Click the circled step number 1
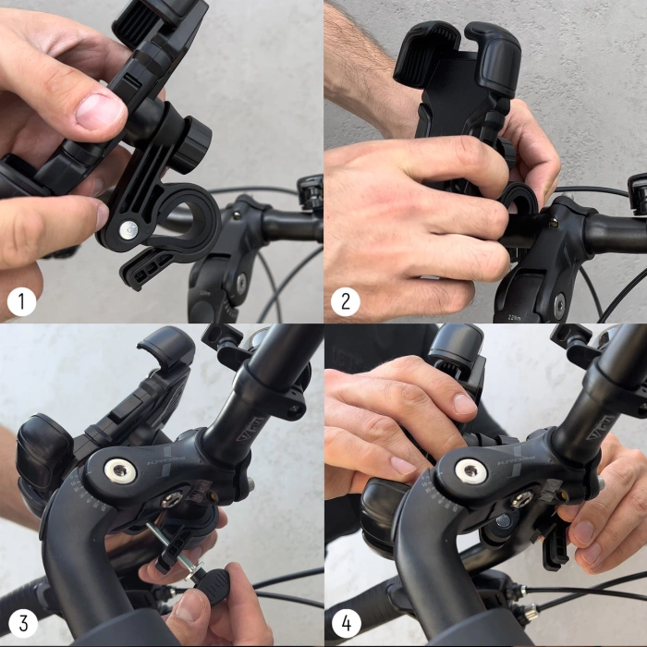click(x=21, y=301)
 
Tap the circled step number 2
click(x=346, y=301)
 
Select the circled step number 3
click(x=21, y=624)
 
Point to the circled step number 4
click(x=346, y=624)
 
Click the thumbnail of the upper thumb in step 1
click(x=101, y=112)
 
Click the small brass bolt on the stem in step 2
click(x=552, y=222)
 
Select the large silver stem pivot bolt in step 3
click(x=120, y=471)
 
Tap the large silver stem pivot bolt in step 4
click(x=471, y=471)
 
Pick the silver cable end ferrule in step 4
click(x=531, y=611)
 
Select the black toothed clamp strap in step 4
click(x=555, y=545)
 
